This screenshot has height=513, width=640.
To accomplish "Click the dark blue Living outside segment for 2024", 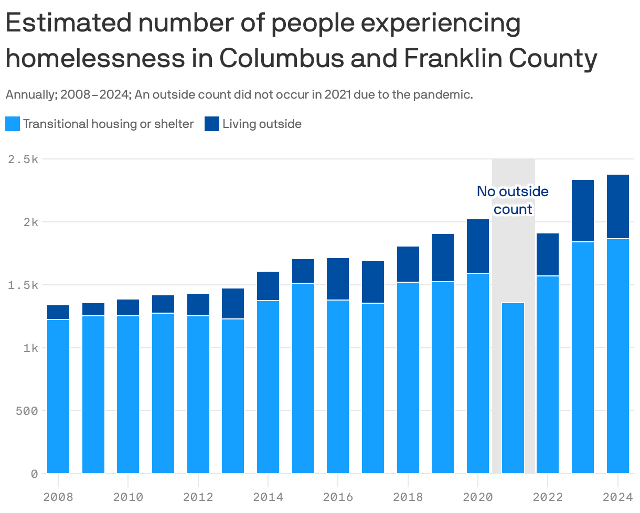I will tap(617, 207).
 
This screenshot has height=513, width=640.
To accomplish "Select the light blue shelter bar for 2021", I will tap(513, 388).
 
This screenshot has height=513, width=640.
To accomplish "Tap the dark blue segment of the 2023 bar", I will tap(583, 211).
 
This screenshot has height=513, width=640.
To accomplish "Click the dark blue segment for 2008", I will tap(58, 312).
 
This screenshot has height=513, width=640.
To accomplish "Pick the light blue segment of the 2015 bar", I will tap(303, 378).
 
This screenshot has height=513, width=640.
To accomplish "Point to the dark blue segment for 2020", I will tap(478, 246).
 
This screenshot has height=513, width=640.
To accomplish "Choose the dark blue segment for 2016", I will tap(338, 279).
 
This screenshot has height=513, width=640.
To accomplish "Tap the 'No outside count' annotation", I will tap(513, 200).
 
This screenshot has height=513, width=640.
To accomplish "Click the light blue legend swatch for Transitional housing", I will tap(13, 124).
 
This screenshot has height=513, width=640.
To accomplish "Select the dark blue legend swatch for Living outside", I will tap(212, 124).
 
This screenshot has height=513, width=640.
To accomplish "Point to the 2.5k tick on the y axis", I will tap(23, 159).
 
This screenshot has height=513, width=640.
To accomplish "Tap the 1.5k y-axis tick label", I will tap(23, 285).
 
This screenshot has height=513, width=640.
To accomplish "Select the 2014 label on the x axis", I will tap(268, 496).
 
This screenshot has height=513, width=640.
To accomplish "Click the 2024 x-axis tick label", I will tap(617, 496).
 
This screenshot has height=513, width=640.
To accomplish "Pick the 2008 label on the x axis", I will tap(58, 496).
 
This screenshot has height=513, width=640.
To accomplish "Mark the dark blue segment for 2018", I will tap(408, 264).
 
